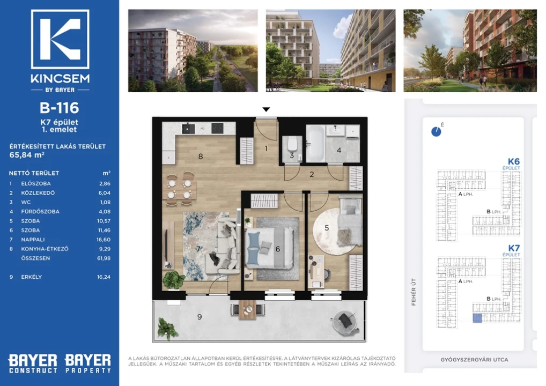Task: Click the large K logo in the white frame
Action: point(60,39)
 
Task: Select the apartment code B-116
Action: point(60,108)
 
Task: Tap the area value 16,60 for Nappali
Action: point(104,240)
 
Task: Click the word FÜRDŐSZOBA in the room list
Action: point(40,212)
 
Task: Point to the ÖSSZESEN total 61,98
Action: point(104,258)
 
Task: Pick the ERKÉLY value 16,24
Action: point(104,277)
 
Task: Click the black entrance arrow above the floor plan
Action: point(267,109)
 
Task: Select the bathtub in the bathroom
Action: point(315,143)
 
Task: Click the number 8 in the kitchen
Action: point(201,157)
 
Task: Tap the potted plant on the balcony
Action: point(167,328)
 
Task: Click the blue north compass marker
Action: point(436,131)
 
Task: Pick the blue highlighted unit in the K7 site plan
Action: point(477,318)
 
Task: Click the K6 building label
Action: point(514,161)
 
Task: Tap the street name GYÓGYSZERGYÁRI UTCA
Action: point(474,360)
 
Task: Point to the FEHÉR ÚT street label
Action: point(414,292)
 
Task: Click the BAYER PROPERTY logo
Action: point(88,363)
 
